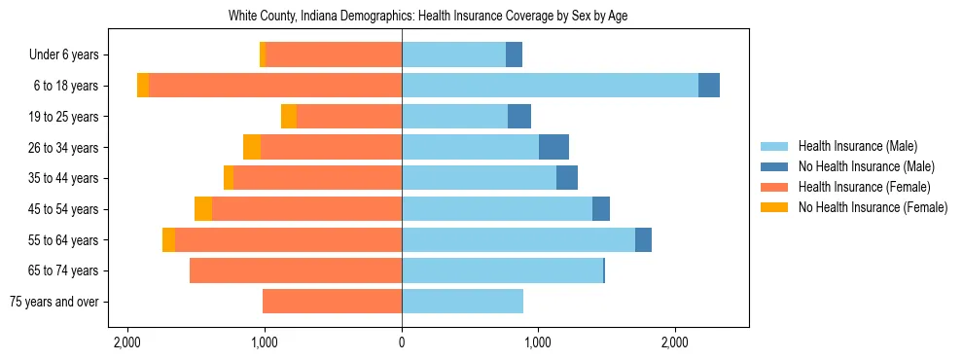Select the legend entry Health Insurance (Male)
[x=857, y=146]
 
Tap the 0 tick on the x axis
[x=402, y=342]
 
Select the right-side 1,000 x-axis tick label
[x=538, y=342]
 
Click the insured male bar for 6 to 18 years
[x=550, y=86]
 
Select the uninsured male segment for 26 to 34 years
[x=553, y=147]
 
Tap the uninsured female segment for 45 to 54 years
[x=203, y=209]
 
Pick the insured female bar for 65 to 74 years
[x=296, y=270]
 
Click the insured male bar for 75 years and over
[x=462, y=302]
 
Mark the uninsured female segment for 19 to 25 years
[x=289, y=117]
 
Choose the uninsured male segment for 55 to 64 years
[x=643, y=240]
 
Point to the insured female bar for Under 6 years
[x=334, y=54]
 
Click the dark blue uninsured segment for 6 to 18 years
[x=709, y=86]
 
